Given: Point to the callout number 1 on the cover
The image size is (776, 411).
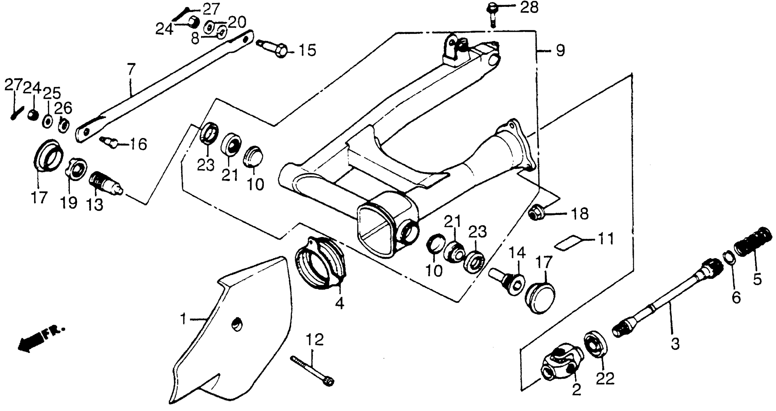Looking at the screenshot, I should (183, 319).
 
